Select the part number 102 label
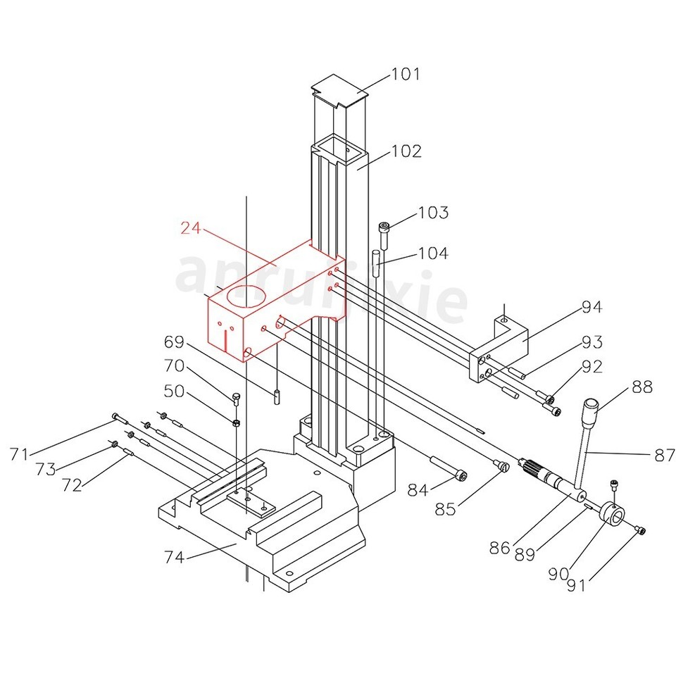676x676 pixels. tap(406, 151)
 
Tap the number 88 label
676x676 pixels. tap(641, 387)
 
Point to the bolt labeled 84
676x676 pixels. tap(446, 468)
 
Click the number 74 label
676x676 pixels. tap(174, 557)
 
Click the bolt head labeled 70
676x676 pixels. tap(236, 398)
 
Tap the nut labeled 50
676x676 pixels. tap(237, 423)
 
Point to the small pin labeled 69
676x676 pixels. tap(278, 396)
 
